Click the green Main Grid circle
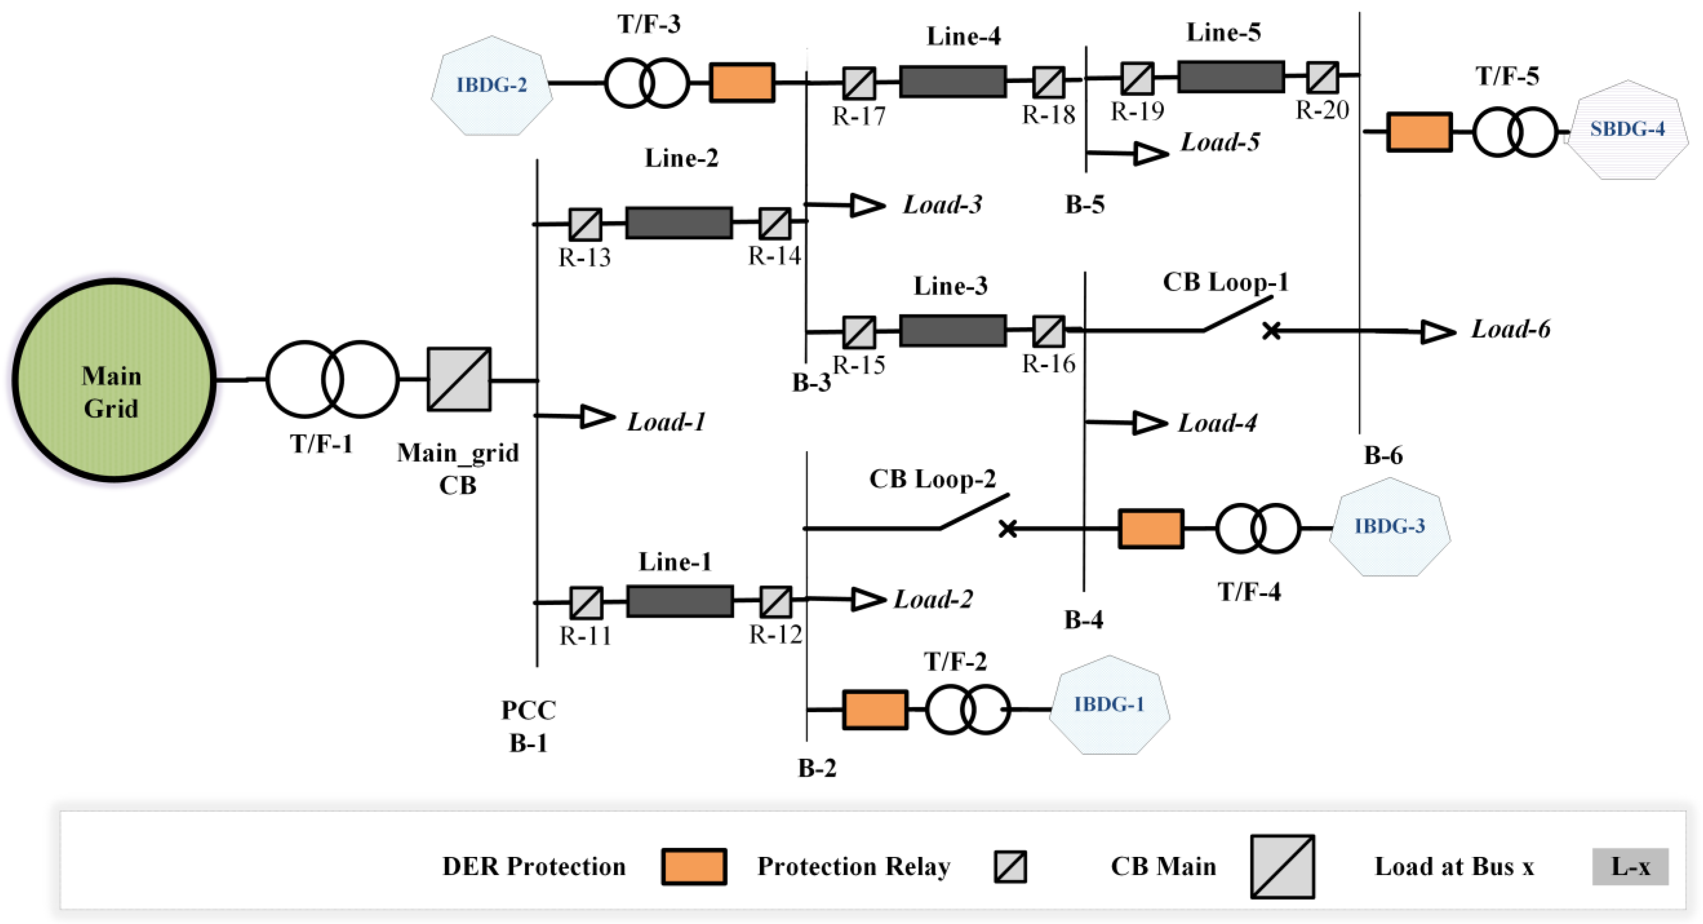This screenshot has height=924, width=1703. (x=114, y=380)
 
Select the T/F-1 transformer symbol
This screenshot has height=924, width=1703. (x=332, y=379)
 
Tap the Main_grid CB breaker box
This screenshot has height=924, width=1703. (x=459, y=379)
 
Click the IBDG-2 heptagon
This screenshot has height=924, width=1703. (x=491, y=85)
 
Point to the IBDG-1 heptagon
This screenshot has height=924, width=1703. (x=1109, y=705)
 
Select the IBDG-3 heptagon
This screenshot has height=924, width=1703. (x=1389, y=527)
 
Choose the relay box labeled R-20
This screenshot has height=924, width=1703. (x=1322, y=77)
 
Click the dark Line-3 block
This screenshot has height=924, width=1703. (x=953, y=330)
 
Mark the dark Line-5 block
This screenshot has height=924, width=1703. (x=1230, y=77)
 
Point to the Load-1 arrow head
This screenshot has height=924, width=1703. (x=597, y=416)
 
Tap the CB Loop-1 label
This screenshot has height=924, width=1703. (x=1225, y=282)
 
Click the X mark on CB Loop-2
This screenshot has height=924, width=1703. (x=1007, y=529)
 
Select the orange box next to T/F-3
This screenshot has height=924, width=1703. (x=742, y=83)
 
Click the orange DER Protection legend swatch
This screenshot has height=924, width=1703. (x=693, y=866)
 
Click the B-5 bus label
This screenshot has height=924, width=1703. (x=1084, y=205)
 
